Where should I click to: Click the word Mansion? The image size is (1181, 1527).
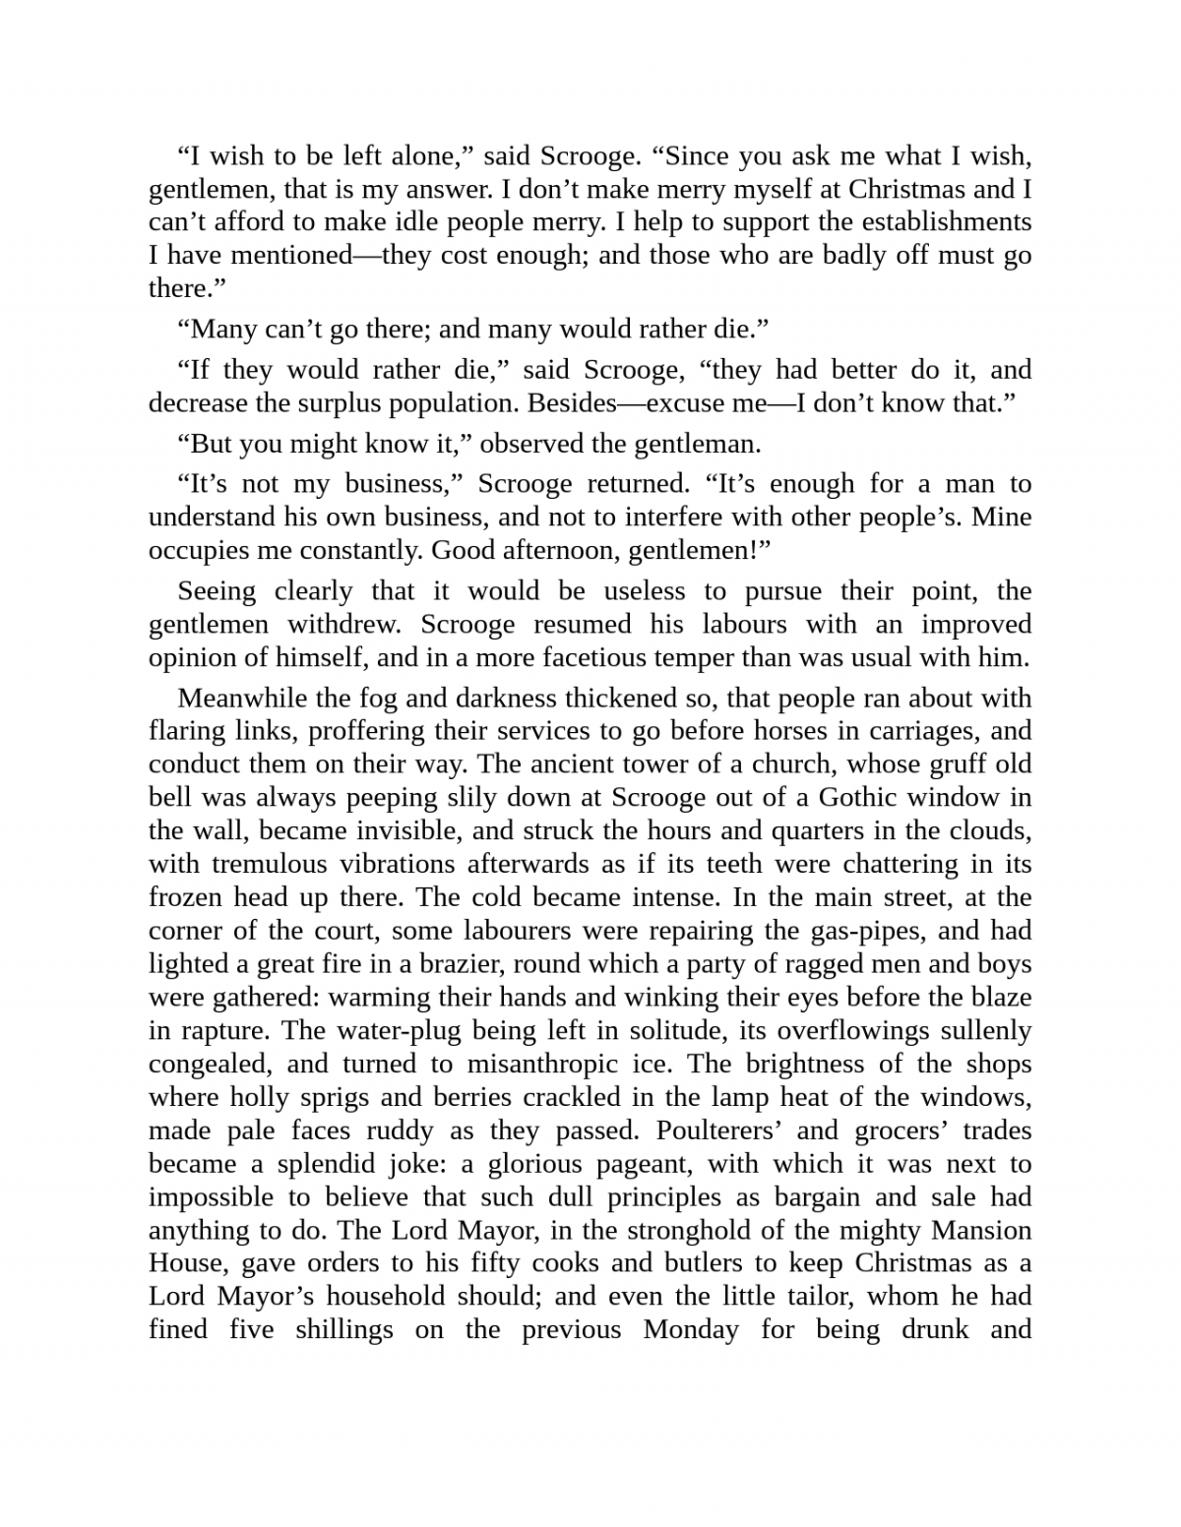pos(981,1231)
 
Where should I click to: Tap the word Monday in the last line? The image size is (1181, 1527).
pos(691,1330)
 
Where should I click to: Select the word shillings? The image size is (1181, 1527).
pos(344,1330)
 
